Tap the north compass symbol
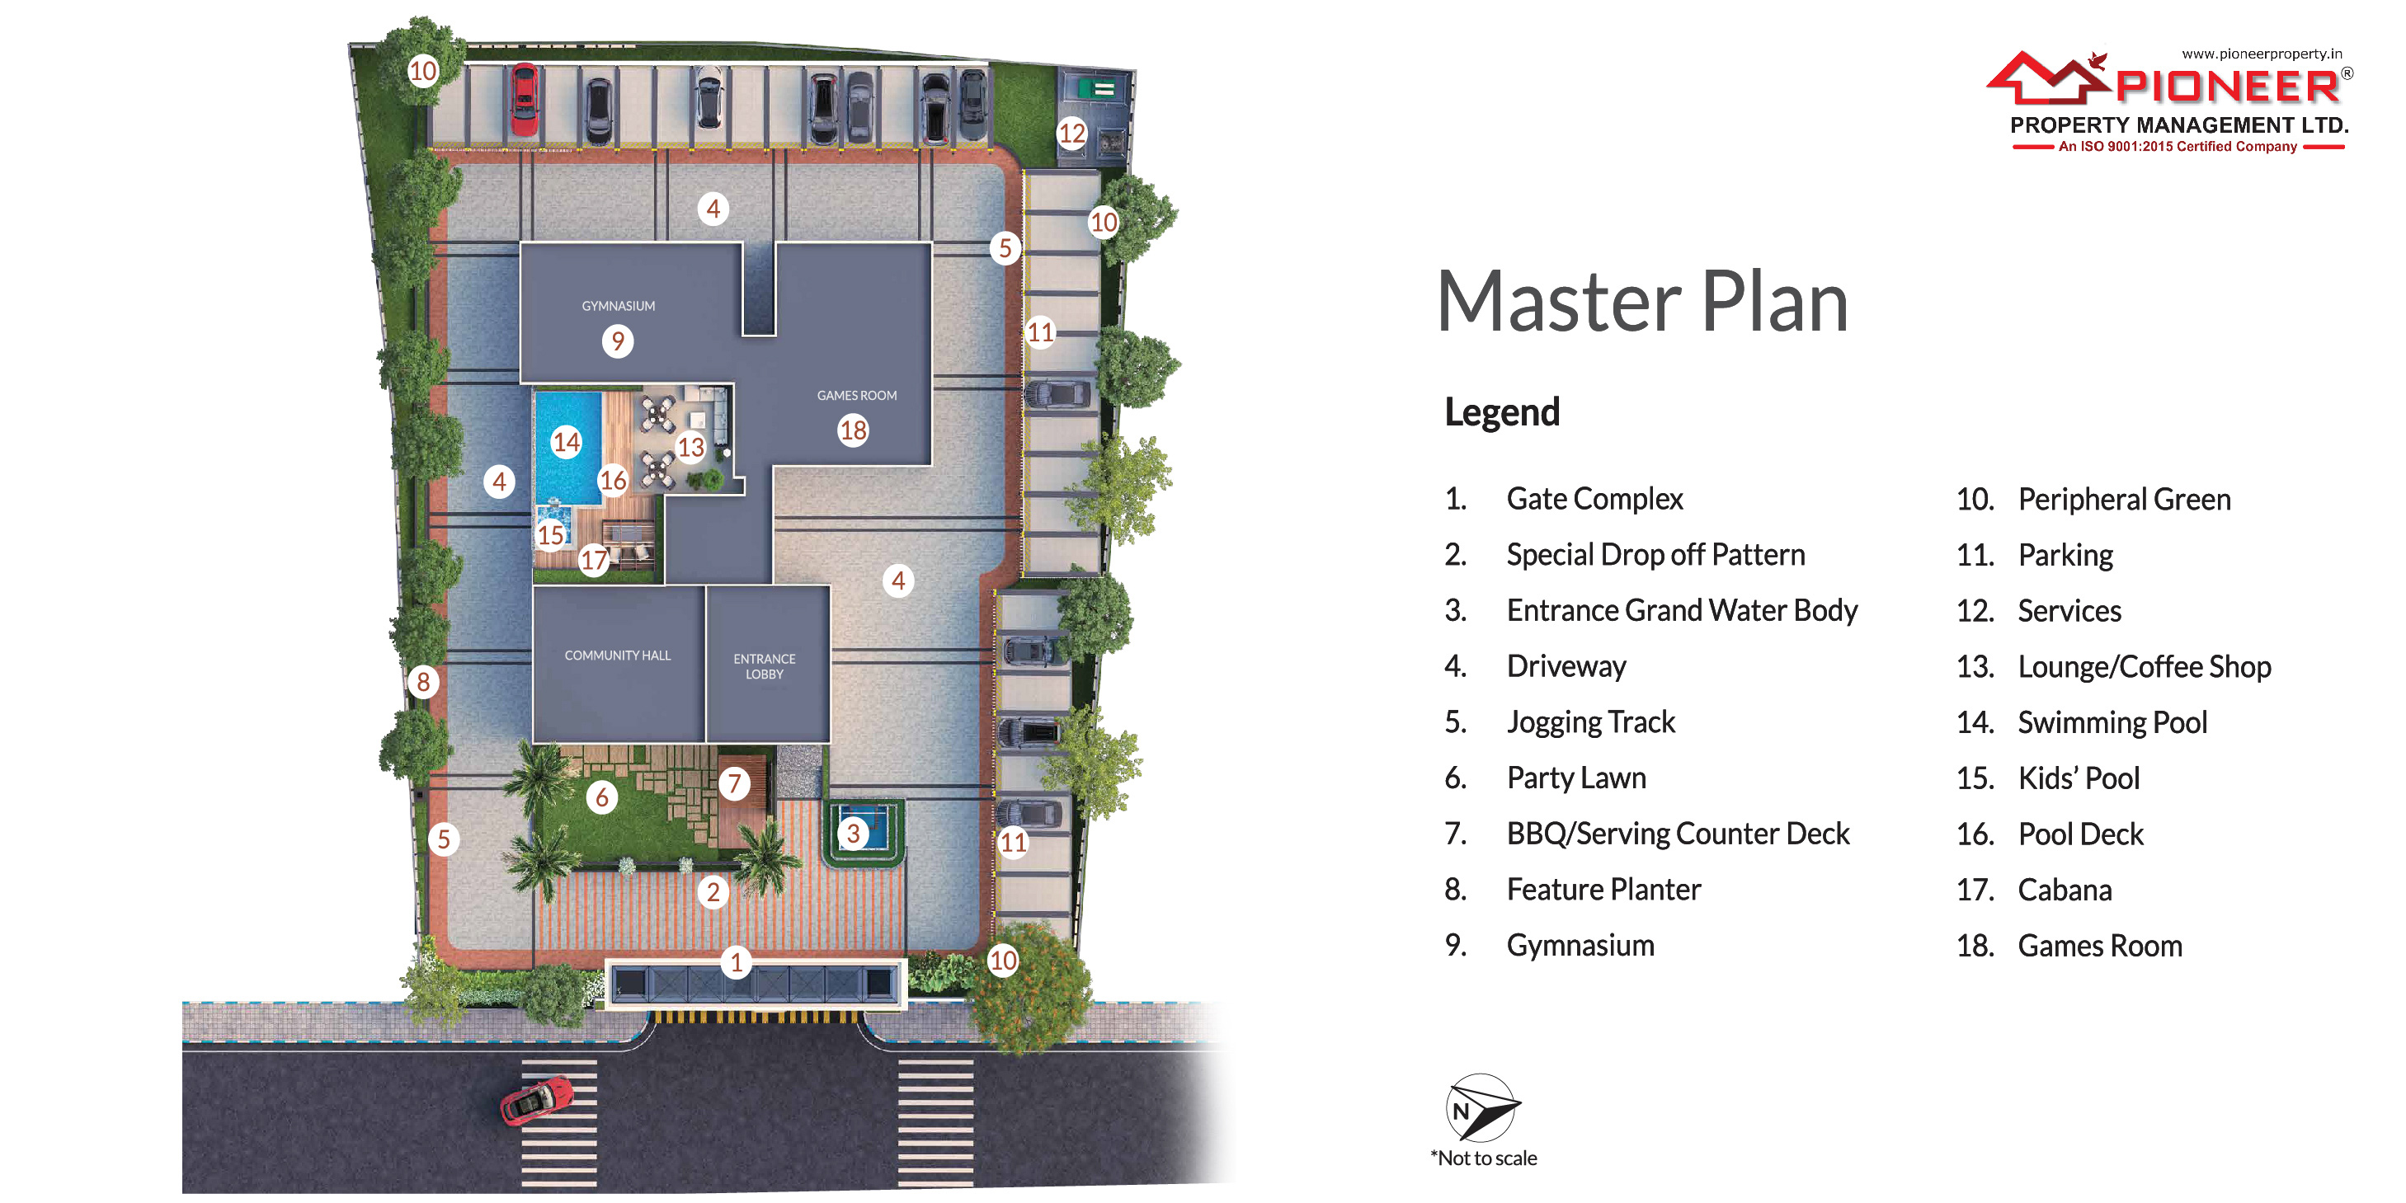tap(1482, 1107)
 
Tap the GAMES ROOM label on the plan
tap(856, 396)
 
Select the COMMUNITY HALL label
tap(618, 656)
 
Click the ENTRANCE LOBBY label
tap(764, 666)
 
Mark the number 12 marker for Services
tap(1071, 134)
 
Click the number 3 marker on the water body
tap(852, 833)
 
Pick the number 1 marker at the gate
tap(736, 962)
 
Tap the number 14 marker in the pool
tap(566, 442)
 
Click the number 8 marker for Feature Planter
tap(423, 682)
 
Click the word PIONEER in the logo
tap(2228, 87)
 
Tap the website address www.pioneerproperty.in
tap(2261, 54)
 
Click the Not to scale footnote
tap(1483, 1158)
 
